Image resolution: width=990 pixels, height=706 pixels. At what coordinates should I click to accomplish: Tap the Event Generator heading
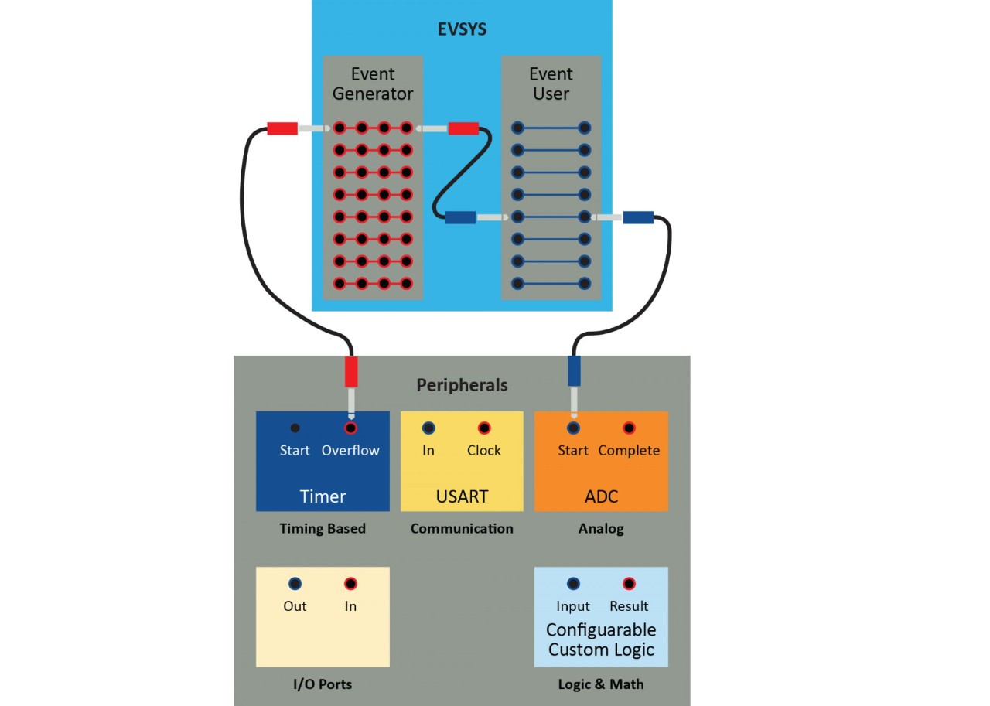click(373, 84)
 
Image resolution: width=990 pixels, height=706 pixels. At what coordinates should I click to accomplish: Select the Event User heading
click(551, 84)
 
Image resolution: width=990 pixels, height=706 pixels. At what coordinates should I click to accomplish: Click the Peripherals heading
click(462, 384)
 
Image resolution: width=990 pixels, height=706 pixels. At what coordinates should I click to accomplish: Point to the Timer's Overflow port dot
click(350, 428)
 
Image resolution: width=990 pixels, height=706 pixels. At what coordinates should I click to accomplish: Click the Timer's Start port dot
click(295, 428)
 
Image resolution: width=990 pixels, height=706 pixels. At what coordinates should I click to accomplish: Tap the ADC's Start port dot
click(573, 428)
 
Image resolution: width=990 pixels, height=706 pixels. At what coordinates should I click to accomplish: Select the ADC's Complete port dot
click(629, 428)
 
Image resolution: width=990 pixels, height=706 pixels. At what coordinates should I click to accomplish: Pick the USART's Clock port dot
click(484, 428)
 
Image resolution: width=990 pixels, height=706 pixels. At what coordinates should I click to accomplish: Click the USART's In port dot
click(428, 428)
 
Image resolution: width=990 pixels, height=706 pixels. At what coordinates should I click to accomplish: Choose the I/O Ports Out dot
click(295, 584)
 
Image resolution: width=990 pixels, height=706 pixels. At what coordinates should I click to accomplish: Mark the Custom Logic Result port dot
click(629, 584)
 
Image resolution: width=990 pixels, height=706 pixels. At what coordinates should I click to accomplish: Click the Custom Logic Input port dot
click(573, 584)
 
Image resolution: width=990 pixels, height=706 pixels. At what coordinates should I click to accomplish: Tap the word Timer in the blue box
click(323, 496)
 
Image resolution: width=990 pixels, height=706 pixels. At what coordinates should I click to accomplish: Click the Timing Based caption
click(323, 529)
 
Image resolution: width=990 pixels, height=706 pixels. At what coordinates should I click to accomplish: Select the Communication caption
click(462, 529)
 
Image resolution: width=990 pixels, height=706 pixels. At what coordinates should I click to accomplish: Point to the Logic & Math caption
click(601, 684)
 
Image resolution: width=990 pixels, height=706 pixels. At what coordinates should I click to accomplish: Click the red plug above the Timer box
click(351, 371)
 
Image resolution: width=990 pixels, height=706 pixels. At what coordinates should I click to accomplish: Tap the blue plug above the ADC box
click(574, 371)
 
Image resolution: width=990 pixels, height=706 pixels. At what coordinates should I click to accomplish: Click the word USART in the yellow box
click(462, 496)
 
